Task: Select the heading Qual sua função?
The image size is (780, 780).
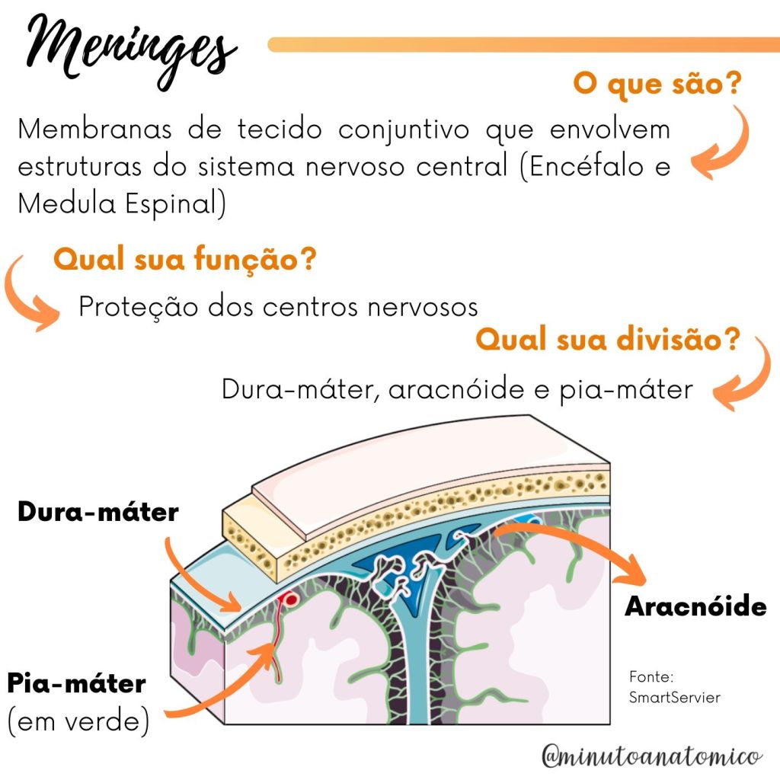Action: pos(184,260)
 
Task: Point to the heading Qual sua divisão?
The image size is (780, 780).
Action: pos(608,339)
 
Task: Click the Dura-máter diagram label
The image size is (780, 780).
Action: pos(97,511)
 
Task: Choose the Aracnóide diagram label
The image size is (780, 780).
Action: pos(695,606)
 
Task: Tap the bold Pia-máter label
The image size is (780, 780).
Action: pos(76,682)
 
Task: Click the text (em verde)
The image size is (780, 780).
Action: pos(78,720)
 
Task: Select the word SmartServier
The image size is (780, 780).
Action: pos(674,697)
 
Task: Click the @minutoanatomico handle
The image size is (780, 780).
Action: pos(651,756)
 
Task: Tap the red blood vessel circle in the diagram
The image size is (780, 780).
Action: pos(289,599)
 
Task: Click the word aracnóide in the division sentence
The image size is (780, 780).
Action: pos(462,389)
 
